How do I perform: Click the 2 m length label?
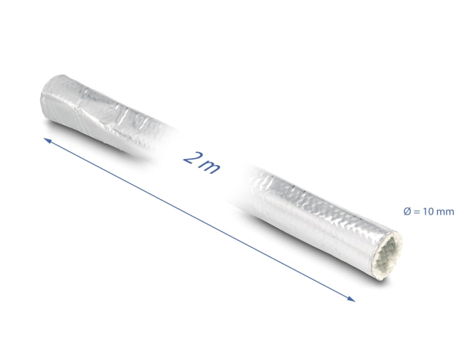[x=202, y=161]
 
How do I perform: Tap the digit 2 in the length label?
[x=192, y=158]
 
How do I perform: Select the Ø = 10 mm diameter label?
[x=428, y=212]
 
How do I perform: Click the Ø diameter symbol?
[x=406, y=212]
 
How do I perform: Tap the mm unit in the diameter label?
[x=445, y=212]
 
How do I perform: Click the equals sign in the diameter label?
[x=417, y=212]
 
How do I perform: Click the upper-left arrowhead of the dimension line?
[x=47, y=139]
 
